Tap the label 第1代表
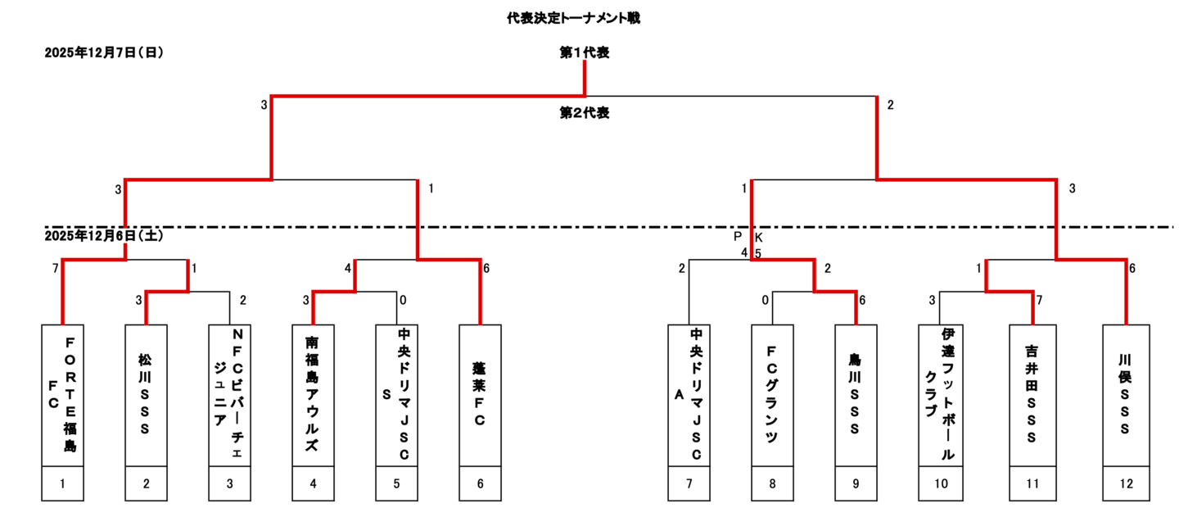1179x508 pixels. click(x=584, y=52)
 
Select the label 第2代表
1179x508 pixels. click(x=584, y=113)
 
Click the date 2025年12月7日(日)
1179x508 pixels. click(x=104, y=52)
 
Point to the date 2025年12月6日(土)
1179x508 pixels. click(x=104, y=235)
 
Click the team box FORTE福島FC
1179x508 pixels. click(x=63, y=395)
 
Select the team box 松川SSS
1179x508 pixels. click(x=147, y=395)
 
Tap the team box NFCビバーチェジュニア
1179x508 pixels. click(x=230, y=395)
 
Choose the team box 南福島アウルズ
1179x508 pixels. click(x=314, y=395)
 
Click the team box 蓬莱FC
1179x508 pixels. click(x=481, y=395)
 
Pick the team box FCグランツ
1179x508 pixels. click(x=772, y=395)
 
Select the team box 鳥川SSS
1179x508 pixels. click(x=856, y=395)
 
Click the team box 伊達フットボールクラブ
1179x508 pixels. click(x=941, y=395)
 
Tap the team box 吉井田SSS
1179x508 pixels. click(x=1032, y=395)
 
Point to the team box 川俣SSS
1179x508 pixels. click(x=1126, y=395)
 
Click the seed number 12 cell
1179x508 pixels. click(x=1126, y=483)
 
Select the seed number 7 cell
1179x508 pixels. click(x=689, y=483)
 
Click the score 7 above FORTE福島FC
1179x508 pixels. click(x=56, y=268)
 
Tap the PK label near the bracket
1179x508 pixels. click(x=748, y=237)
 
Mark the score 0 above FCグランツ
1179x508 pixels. click(x=766, y=300)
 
